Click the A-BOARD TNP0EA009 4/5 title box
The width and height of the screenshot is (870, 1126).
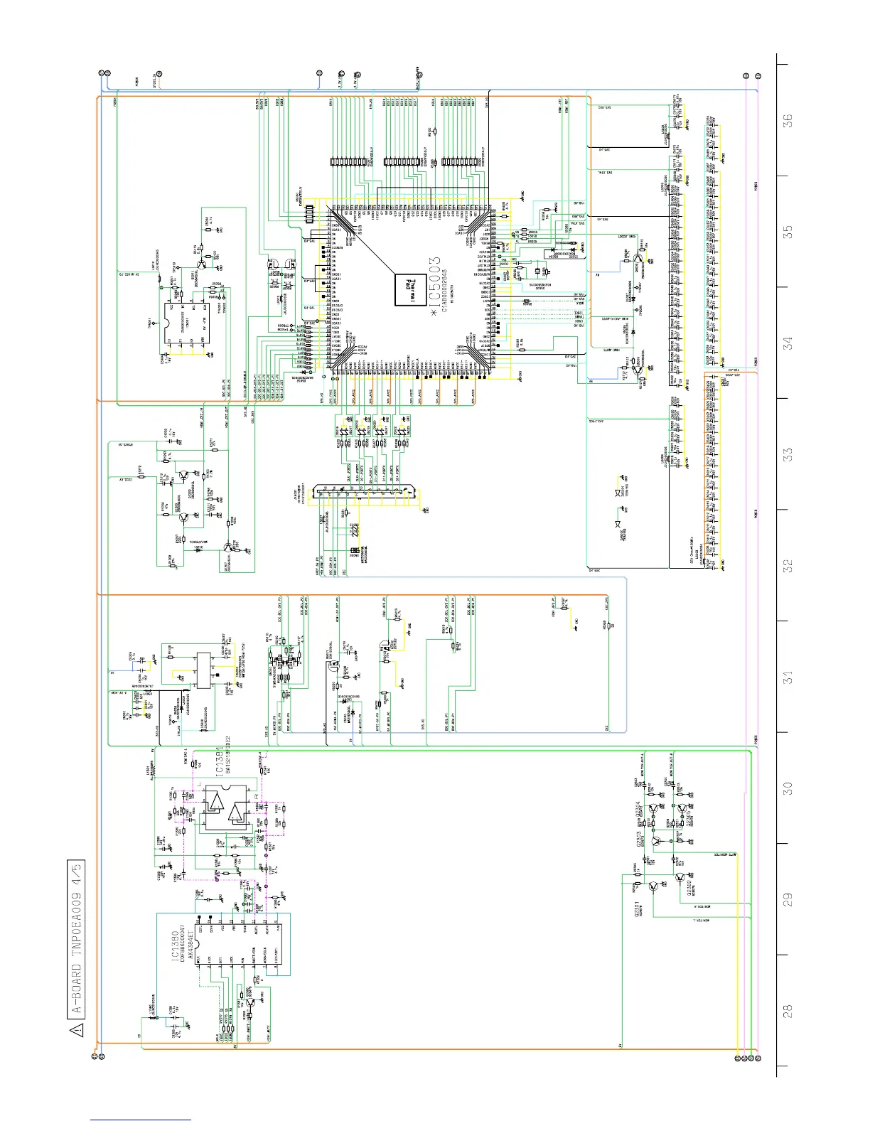(x=77, y=940)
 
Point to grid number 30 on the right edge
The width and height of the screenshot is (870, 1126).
(x=788, y=788)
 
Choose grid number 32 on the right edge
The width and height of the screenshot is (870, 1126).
(x=788, y=566)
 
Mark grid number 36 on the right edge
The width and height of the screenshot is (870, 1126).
(x=788, y=121)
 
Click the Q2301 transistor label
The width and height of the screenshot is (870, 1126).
(x=638, y=911)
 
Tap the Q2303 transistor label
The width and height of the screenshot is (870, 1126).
(x=639, y=839)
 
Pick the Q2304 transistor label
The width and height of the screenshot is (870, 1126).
(x=639, y=810)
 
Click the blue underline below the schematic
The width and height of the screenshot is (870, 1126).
(x=141, y=1120)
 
